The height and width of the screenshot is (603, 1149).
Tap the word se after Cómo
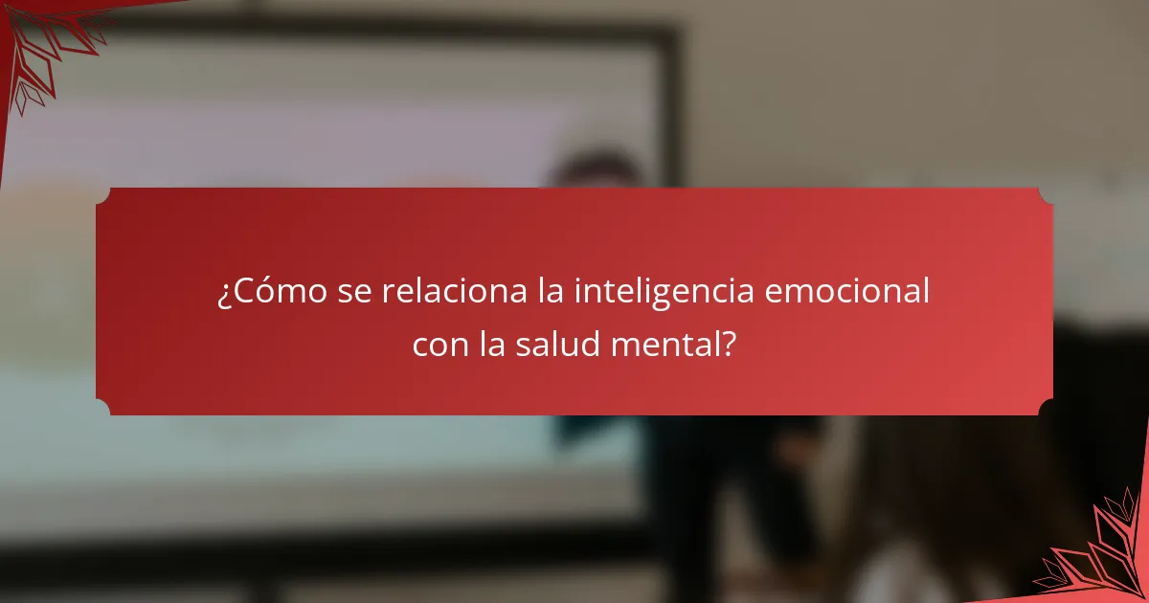(355, 292)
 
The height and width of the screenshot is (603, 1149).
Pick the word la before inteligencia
(549, 292)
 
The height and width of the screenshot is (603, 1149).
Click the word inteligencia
(664, 292)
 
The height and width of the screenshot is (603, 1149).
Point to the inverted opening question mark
(223, 294)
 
